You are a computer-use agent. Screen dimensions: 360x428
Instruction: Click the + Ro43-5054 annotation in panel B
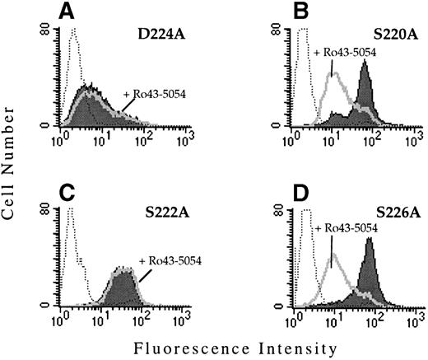point(345,54)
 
